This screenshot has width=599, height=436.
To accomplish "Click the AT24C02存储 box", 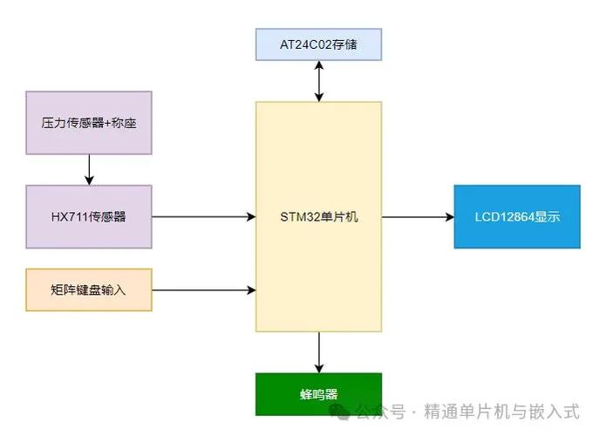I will (318, 44).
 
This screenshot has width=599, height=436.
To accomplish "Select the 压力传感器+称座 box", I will (89, 123).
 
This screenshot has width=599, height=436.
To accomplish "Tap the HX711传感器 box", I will (89, 216).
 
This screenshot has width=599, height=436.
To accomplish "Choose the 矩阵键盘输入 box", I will (89, 290).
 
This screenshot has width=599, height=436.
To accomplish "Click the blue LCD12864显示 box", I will (516, 216).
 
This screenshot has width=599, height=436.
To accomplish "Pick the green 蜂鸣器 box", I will (318, 394).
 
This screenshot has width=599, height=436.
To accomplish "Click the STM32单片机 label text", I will (318, 216).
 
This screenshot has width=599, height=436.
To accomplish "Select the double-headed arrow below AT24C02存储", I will (319, 81).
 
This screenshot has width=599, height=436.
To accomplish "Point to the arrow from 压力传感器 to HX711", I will (89, 169).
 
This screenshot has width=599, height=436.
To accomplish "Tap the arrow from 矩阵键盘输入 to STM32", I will (203, 290).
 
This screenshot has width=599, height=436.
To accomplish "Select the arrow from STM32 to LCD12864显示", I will (417, 216).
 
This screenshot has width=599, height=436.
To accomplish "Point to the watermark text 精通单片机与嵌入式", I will (501, 411).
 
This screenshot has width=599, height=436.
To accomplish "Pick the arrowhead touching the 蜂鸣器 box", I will (319, 368).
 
